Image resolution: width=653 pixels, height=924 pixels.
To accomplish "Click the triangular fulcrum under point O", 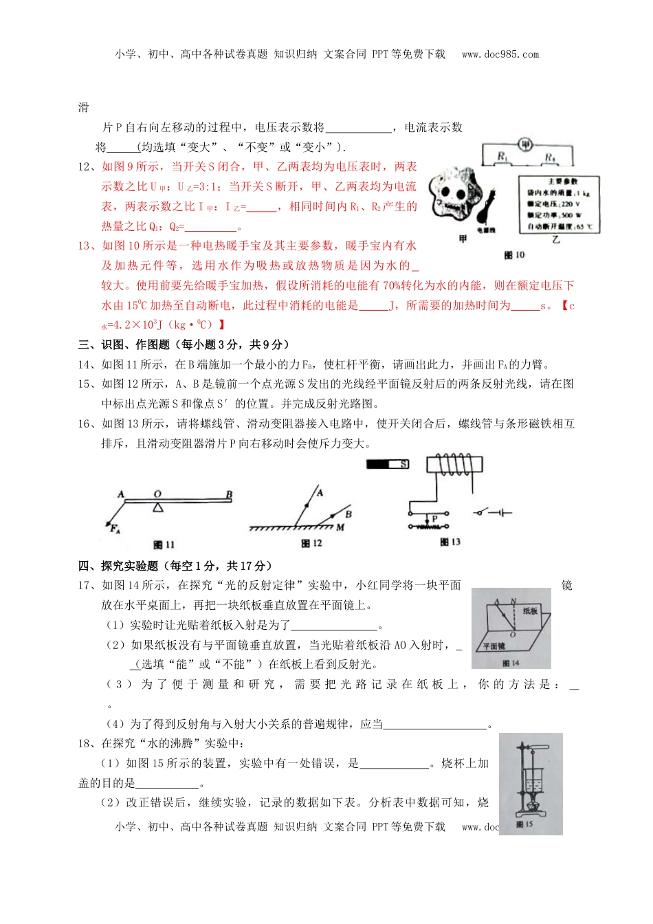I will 158,507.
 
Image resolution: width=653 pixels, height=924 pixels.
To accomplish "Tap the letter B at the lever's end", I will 229,494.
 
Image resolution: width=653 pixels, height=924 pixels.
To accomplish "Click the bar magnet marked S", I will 388,465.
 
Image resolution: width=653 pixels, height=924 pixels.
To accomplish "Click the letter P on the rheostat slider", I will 434,519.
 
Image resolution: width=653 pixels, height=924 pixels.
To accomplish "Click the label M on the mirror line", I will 340,527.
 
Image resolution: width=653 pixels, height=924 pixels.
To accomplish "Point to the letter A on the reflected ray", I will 320,492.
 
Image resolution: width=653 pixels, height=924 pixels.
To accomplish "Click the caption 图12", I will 311,543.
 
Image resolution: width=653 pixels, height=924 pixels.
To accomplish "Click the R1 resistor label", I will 502,157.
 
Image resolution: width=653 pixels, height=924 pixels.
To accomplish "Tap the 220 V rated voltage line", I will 553,204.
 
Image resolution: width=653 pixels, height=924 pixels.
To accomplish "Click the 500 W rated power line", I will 554,215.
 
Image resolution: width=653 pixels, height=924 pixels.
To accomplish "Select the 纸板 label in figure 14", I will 530,610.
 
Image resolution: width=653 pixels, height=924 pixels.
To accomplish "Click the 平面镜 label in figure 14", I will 494,646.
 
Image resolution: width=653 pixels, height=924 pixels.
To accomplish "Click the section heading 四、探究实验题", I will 175,566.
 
